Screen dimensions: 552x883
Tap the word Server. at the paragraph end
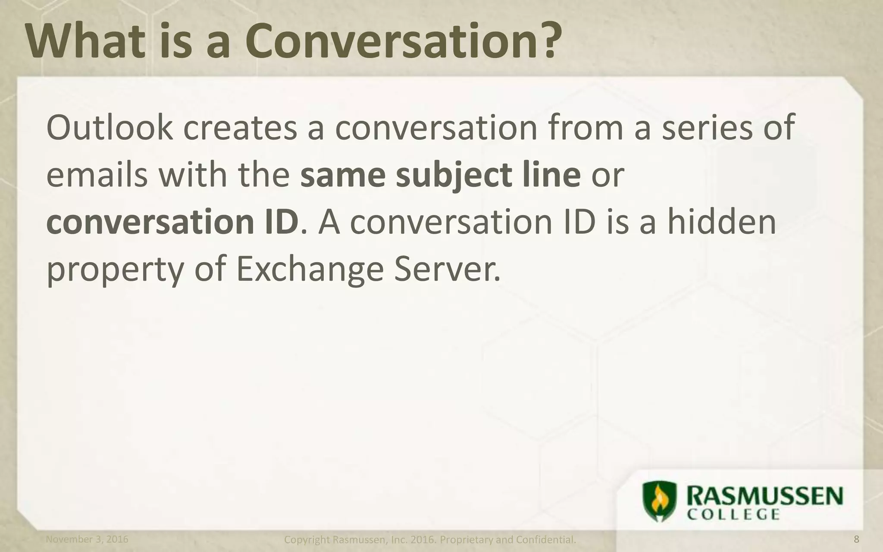pos(446,269)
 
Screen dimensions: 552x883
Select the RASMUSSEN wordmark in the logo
pos(765,498)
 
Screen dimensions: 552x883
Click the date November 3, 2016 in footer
pos(87,539)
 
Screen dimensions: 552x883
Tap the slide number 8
pos(856,539)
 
